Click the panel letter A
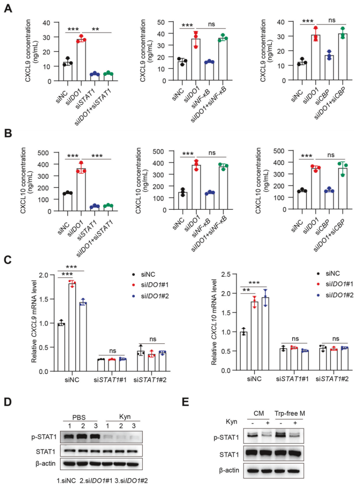click(7, 8)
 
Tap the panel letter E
click(185, 402)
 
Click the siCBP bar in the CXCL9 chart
click(329, 68)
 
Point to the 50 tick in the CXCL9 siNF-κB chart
click(161, 22)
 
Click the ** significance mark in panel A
click(95, 29)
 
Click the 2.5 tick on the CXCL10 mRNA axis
click(226, 274)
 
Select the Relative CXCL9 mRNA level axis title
click(34, 322)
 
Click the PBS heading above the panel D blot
click(79, 417)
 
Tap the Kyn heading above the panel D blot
click(125, 417)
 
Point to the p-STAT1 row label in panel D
click(44, 437)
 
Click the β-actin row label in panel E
click(229, 470)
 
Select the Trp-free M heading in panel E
click(289, 414)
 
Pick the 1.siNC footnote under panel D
click(66, 481)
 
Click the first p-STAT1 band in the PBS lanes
click(69, 437)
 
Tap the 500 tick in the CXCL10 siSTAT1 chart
click(43, 153)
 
